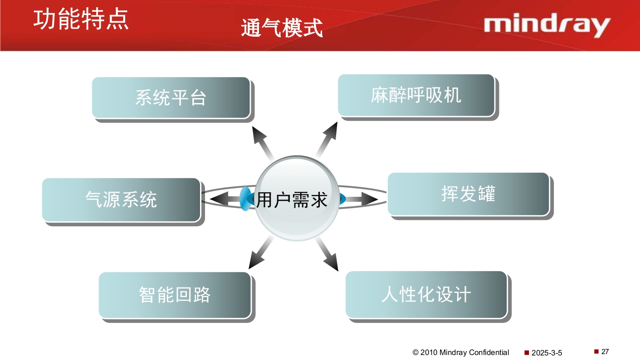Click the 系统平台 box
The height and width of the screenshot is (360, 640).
point(171,98)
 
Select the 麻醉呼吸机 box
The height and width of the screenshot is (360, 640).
point(416,95)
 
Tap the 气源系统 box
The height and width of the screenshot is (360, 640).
point(121,199)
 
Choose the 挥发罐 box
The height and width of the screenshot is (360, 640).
point(468,194)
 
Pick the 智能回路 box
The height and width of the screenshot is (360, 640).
point(175,295)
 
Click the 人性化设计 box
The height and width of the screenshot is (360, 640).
point(426,295)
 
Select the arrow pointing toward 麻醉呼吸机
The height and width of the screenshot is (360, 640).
point(327,139)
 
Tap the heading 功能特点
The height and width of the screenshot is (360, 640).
point(81,19)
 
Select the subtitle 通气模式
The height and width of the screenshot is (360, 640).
point(282,28)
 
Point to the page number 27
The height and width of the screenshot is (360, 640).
point(605,351)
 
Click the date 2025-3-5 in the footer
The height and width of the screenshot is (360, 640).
point(547,353)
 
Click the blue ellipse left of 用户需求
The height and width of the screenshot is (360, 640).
point(245,199)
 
